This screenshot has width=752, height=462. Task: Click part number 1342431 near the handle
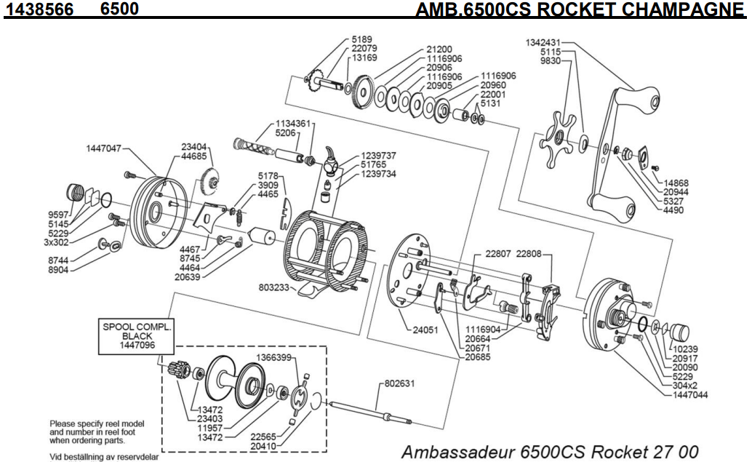pyautogui.click(x=543, y=43)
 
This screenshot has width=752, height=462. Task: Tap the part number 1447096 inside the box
pyautogui.click(x=137, y=346)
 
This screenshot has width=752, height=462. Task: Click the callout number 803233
pyautogui.click(x=273, y=288)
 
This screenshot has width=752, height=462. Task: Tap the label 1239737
pyautogui.click(x=378, y=156)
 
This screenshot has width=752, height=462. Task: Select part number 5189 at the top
pyautogui.click(x=362, y=39)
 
